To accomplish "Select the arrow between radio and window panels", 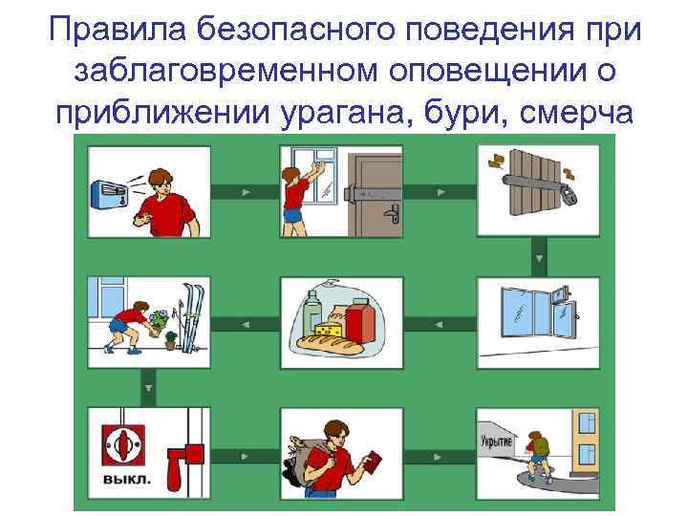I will [x=245, y=192].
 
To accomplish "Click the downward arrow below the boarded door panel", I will [x=539, y=258].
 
